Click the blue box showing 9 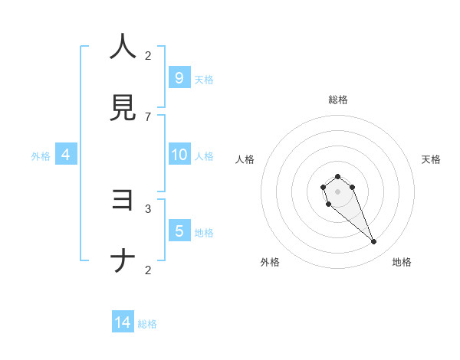tap(179, 77)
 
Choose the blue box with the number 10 tap(179, 155)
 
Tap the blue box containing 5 tap(179, 231)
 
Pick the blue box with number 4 tap(66, 155)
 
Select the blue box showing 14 tap(123, 322)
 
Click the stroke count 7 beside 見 tap(148, 116)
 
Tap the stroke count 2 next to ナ tap(148, 270)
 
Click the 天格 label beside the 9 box tap(204, 79)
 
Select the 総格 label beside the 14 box tap(147, 324)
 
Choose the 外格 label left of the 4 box tap(41, 156)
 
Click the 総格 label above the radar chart tap(338, 100)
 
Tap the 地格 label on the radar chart tap(402, 262)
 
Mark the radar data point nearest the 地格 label tap(374, 242)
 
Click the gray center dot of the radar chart tap(337, 191)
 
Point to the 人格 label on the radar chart tap(245, 159)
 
